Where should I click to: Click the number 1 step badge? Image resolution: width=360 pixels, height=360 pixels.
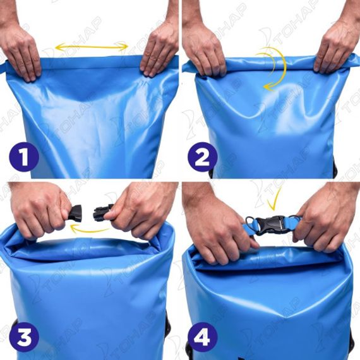23,157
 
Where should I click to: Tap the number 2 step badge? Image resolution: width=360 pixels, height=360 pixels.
202,157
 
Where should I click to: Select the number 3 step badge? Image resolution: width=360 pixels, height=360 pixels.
23,337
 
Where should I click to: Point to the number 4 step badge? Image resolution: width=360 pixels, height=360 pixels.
202,337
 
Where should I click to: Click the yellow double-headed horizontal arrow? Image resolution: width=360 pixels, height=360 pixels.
92,47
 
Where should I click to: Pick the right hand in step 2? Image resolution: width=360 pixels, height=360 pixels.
337,46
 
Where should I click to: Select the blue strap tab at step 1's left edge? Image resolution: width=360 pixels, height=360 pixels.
3,67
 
